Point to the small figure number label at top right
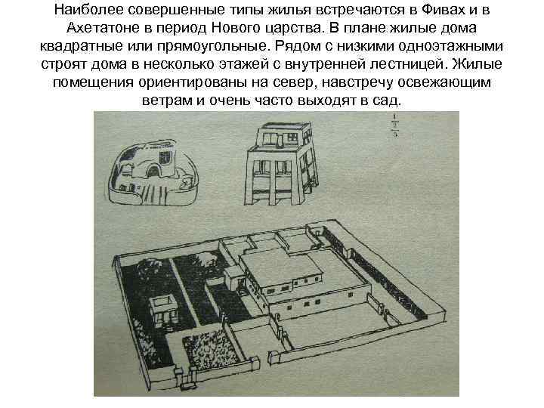(394, 125)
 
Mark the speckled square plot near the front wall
(204, 353)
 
